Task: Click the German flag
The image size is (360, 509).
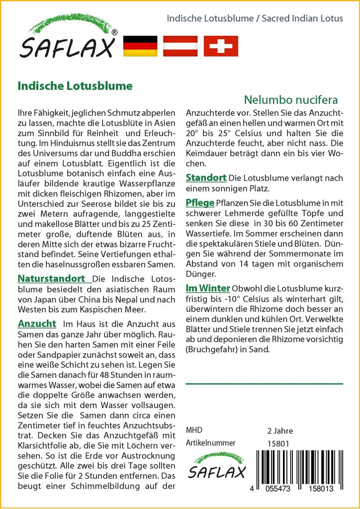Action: pyautogui.click(x=140, y=46)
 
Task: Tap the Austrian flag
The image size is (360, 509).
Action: pyautogui.click(x=180, y=46)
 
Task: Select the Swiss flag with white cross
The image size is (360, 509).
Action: pyautogui.click(x=221, y=46)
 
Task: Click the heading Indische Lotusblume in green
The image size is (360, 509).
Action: pyautogui.click(x=75, y=85)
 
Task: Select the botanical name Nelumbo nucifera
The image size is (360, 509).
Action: pyautogui.click(x=291, y=99)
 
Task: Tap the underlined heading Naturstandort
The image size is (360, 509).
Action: pyautogui.click(x=52, y=278)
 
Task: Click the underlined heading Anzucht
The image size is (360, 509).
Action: pyautogui.click(x=37, y=324)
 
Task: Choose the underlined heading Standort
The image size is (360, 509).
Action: pyautogui.click(x=206, y=177)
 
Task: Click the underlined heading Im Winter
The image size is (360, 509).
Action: pyautogui.click(x=207, y=288)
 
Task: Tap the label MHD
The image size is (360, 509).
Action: pyautogui.click(x=194, y=430)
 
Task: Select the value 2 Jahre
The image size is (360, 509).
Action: pyautogui.click(x=280, y=431)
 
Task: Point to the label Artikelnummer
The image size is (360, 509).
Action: pyautogui.click(x=210, y=443)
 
